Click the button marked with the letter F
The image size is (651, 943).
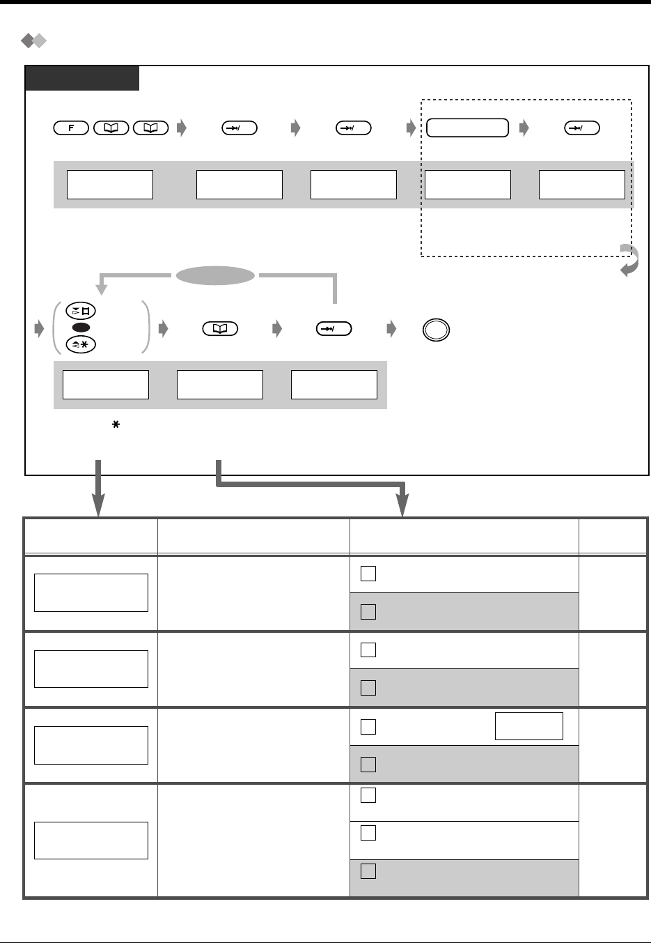coord(70,128)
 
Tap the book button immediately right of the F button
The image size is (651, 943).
coord(111,128)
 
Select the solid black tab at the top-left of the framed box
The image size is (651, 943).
coord(82,78)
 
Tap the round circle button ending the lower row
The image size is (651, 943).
coord(437,330)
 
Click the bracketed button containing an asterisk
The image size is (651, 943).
coord(81,343)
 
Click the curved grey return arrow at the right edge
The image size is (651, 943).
coord(629,261)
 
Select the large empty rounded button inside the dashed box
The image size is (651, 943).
coord(467,128)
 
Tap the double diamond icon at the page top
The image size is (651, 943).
coord(33,42)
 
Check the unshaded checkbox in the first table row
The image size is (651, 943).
coord(368,574)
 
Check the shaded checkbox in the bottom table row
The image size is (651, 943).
coord(368,871)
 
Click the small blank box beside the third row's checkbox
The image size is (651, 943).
coord(528,726)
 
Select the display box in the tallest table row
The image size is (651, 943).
coord(91,840)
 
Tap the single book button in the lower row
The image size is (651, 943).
coord(220,329)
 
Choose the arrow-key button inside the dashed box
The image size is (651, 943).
coord(581,128)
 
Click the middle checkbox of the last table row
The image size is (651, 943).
coord(368,833)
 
